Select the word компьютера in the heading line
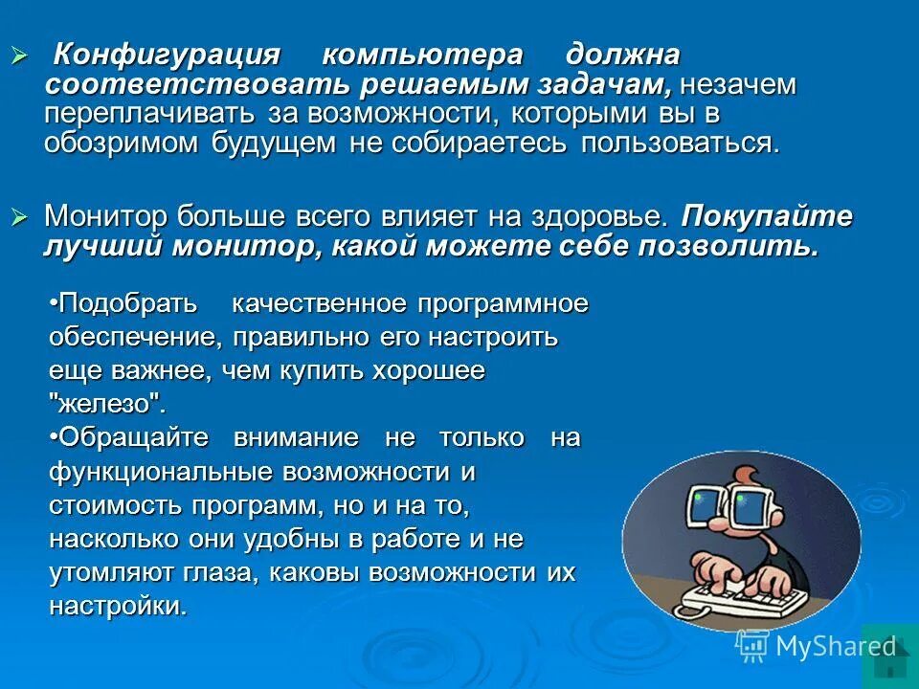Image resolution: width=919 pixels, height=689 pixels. pos(422,55)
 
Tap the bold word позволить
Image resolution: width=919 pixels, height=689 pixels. pos(736,246)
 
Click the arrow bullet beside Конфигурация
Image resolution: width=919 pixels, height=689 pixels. pos(19,54)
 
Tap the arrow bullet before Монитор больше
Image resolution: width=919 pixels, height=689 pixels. pos(19,215)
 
